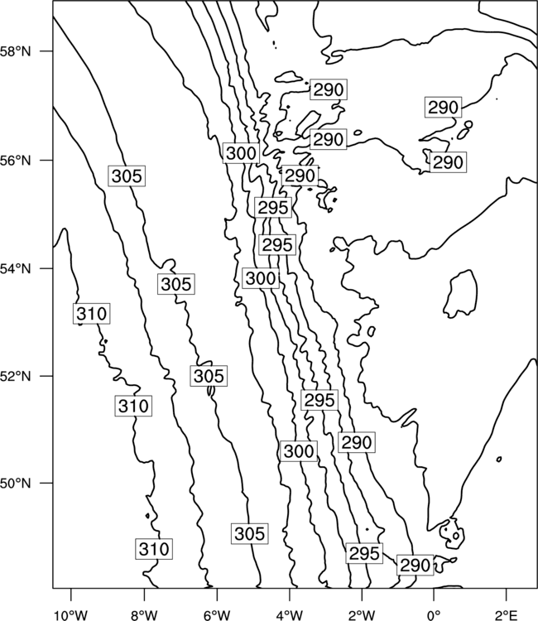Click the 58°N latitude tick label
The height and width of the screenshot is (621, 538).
tap(16, 51)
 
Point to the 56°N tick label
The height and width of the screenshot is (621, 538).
tap(16, 161)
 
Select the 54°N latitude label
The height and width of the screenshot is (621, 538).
tap(16, 269)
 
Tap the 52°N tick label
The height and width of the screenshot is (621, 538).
tap(16, 376)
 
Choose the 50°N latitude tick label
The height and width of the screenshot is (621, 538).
tap(16, 484)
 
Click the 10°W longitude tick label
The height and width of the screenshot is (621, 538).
tap(71, 615)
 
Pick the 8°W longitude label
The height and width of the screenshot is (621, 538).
tap(144, 615)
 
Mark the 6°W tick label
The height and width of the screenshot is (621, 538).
tap(217, 615)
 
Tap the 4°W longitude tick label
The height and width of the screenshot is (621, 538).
tap(289, 615)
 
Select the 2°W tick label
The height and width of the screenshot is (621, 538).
tap(362, 615)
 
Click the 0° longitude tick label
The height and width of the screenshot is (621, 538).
tap(434, 615)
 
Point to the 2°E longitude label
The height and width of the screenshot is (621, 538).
tap(507, 615)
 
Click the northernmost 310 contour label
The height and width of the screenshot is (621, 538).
tap(91, 314)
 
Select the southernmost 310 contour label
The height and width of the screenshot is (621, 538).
tap(154, 549)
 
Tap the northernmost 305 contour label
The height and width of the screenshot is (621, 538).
tap(127, 176)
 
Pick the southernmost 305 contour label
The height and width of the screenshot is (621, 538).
tap(249, 533)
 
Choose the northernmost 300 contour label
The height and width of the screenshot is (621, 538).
tap(241, 153)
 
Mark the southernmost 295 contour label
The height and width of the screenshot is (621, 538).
tap(364, 553)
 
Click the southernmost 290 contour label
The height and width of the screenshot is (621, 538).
tap(416, 566)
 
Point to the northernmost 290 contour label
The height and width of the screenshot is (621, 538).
tap(329, 90)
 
